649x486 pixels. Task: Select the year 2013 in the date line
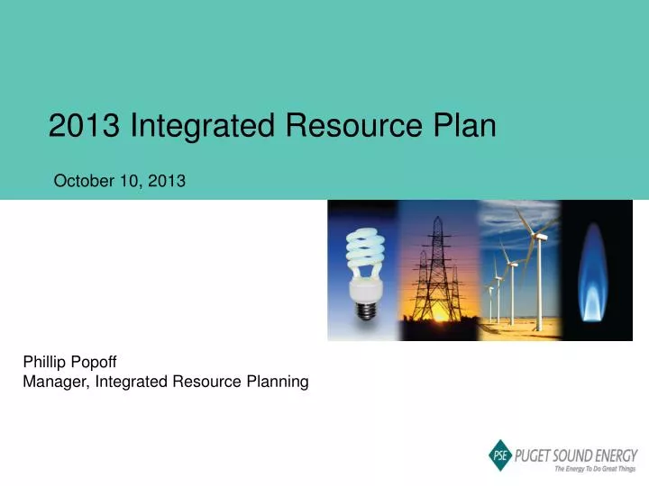pos(169,181)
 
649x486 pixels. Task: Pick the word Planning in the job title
pos(279,382)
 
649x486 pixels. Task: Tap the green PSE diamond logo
pos(500,456)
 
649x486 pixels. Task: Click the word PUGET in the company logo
pos(535,454)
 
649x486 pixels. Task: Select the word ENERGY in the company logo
pos(616,454)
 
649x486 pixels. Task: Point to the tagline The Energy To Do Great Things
pos(595,469)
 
